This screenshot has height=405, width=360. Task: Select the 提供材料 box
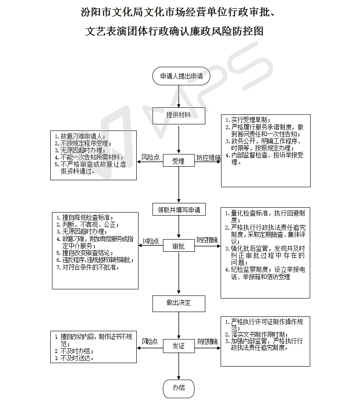pos(178,115)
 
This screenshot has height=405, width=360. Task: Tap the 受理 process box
pos(178,161)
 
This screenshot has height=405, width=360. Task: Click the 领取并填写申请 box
pos(179,210)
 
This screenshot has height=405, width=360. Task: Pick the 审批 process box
pos(178,247)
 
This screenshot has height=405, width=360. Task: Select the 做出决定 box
pos(178,303)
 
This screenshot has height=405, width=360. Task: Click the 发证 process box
pos(178,346)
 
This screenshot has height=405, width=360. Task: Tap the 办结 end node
pos(178,388)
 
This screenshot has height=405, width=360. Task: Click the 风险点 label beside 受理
pos(150,157)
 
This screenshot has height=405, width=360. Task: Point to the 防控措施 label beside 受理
pos(208,157)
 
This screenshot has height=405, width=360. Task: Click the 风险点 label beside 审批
pos(151,241)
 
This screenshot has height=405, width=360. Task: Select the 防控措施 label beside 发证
pos(208,342)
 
